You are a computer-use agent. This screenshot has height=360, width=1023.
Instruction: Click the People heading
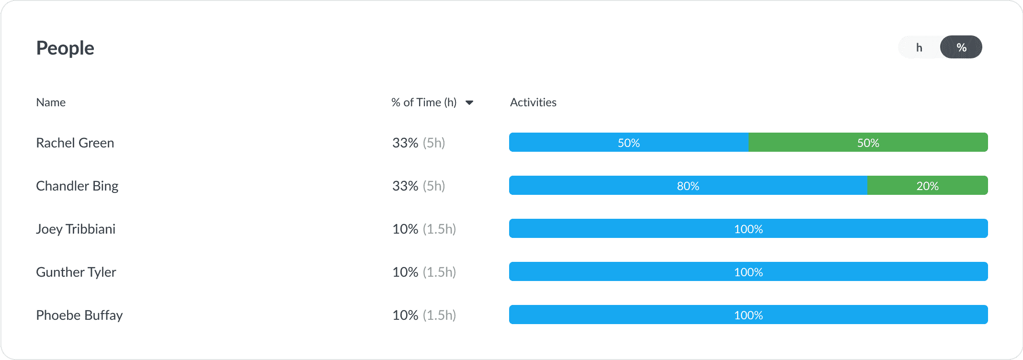coord(65,48)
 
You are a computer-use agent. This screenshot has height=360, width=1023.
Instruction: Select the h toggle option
coord(919,47)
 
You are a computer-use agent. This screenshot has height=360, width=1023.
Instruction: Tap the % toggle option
coord(961,47)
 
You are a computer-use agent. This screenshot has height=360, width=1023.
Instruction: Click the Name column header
coord(51,102)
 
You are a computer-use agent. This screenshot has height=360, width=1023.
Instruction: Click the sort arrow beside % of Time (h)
coord(469,102)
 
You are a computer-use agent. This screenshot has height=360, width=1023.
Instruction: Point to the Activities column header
coord(533,102)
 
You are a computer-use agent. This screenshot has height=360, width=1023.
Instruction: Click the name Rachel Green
coord(75,143)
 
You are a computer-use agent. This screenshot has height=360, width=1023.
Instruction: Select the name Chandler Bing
coord(77,186)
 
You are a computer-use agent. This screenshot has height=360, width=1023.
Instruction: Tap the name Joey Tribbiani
coord(76,229)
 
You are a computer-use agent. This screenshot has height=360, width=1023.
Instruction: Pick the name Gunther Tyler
coord(76,272)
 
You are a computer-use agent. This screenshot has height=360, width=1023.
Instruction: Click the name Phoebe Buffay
coord(80,315)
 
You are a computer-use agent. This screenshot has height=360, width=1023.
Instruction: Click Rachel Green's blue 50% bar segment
coord(628,143)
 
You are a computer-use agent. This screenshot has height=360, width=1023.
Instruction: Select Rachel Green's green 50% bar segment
coord(868,143)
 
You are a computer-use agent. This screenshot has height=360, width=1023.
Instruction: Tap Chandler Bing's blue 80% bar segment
coord(688,186)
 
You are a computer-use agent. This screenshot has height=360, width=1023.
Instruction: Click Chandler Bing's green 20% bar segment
coord(927,186)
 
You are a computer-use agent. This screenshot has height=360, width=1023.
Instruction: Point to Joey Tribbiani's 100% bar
coord(748,229)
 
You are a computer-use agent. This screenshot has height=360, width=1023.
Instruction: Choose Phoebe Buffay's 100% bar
coord(748,315)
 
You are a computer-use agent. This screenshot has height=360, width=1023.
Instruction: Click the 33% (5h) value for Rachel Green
coord(419,143)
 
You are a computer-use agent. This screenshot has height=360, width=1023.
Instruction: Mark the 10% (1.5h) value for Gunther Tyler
coord(424,272)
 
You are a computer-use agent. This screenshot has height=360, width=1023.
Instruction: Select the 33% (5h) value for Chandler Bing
coord(419,186)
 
